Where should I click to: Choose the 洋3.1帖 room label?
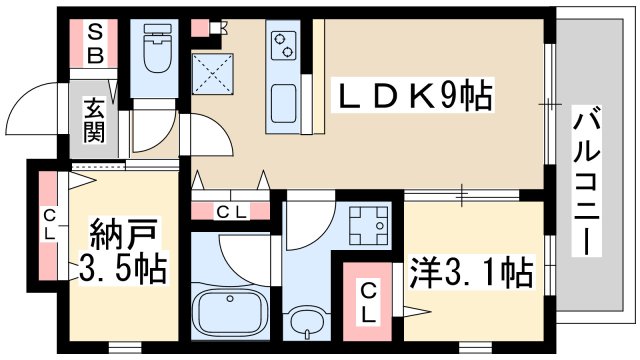470,271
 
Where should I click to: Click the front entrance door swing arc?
40,107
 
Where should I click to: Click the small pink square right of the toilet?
201,28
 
